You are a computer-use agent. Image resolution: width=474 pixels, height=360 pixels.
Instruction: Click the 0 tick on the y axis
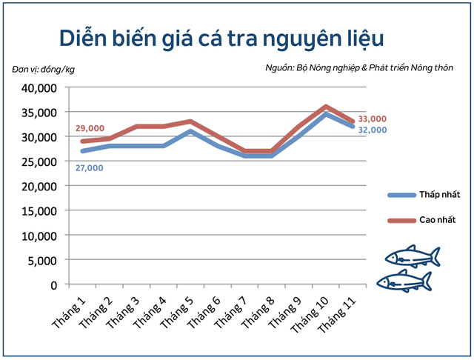53,284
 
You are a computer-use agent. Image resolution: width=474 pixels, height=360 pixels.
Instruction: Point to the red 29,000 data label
90,128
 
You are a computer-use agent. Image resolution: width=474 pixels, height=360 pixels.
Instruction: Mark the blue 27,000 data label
89,168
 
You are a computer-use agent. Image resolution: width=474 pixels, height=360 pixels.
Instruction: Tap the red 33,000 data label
372,119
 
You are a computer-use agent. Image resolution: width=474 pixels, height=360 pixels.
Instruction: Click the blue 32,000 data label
372,130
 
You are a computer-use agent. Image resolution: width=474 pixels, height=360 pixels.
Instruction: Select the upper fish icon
413,256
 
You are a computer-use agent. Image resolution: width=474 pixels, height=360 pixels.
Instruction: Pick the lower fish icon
403,280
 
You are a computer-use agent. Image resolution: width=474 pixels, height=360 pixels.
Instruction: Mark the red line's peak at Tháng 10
326,107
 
